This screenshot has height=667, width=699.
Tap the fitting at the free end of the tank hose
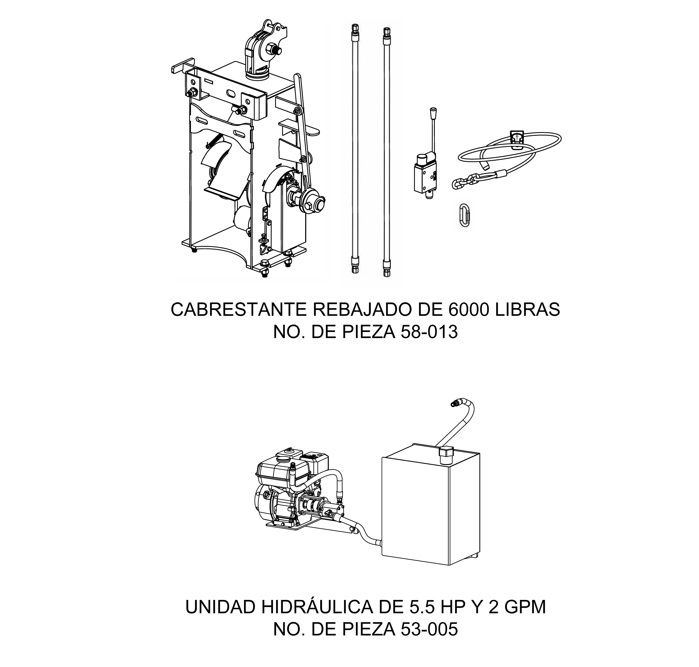click(455, 403)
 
